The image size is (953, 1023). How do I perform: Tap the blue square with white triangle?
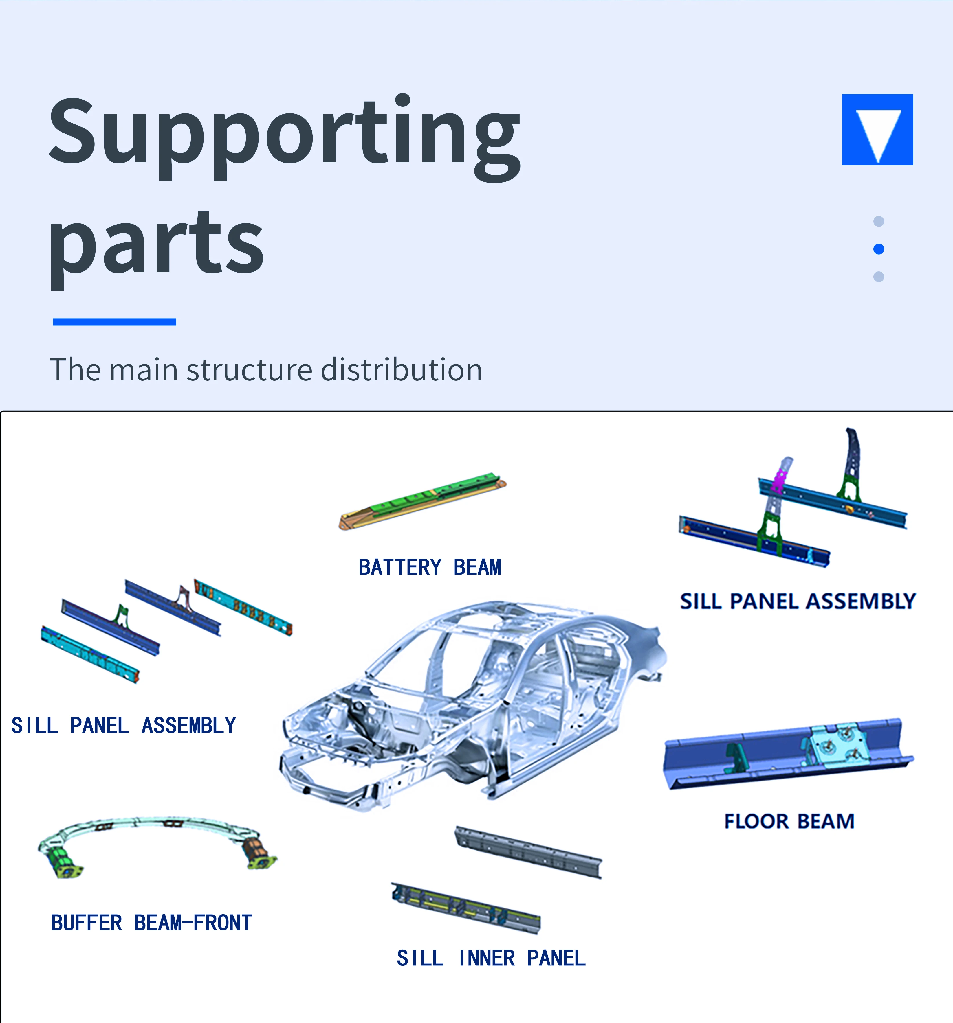[x=877, y=130]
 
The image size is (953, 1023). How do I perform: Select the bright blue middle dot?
[x=879, y=249]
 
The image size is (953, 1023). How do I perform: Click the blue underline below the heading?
[x=114, y=322]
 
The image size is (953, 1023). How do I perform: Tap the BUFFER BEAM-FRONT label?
[x=151, y=923]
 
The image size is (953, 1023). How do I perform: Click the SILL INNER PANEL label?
[x=491, y=958]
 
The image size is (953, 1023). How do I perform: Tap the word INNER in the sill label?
[x=487, y=958]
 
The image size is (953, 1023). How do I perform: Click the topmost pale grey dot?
[x=879, y=221]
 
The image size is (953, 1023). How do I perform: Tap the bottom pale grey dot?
[x=879, y=277]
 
